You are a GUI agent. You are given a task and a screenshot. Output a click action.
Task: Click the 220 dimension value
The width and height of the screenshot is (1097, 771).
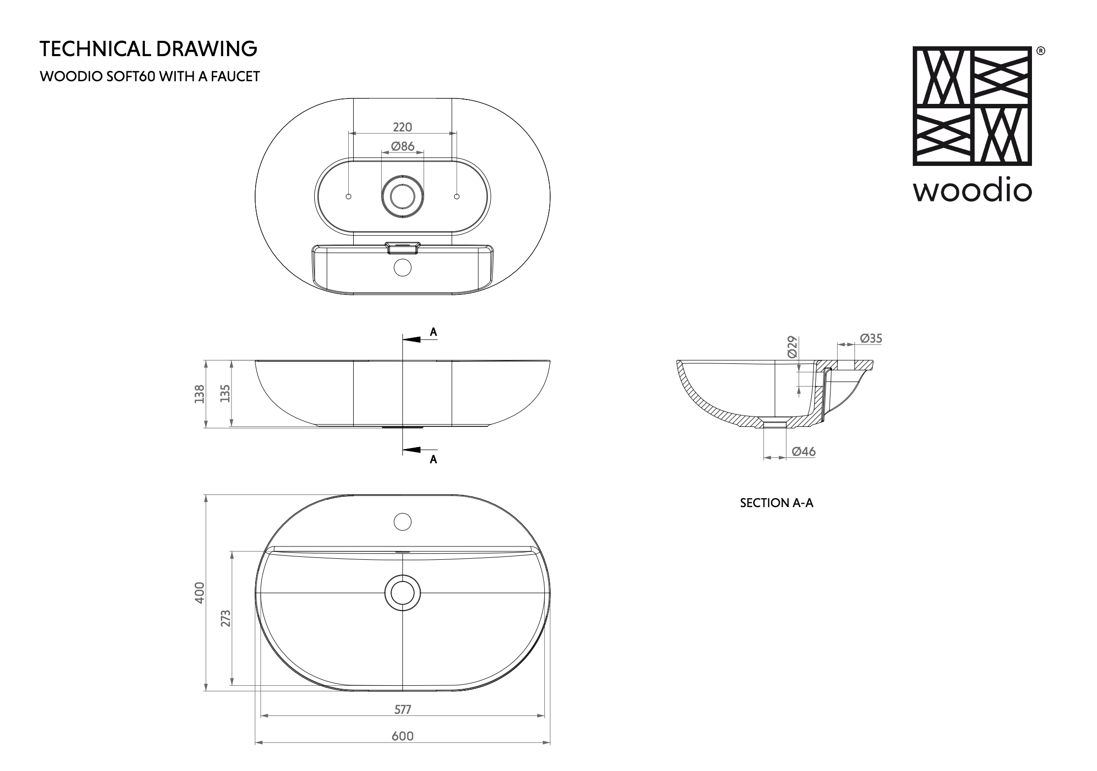click(402, 127)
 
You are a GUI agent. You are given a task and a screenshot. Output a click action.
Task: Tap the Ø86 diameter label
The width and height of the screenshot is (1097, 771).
click(402, 146)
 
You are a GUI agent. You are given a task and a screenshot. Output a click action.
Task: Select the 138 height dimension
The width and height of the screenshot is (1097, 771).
click(199, 394)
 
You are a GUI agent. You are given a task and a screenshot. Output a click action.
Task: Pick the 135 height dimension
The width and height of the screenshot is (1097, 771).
click(225, 394)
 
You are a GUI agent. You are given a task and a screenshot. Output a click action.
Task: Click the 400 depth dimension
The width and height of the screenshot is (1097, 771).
click(199, 593)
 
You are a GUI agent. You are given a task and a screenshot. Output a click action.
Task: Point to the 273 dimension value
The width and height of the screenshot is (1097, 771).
click(225, 618)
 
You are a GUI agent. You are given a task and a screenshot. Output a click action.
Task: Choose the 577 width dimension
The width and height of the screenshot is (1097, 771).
click(402, 709)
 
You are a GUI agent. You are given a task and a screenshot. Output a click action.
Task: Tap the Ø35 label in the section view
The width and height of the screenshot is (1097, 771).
click(871, 338)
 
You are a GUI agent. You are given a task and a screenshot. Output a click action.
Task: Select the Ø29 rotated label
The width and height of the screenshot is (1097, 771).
click(792, 347)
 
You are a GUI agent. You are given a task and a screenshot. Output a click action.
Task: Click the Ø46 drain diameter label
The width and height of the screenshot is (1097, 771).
click(804, 451)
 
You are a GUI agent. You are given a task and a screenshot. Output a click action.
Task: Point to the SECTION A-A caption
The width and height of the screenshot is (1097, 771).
click(776, 503)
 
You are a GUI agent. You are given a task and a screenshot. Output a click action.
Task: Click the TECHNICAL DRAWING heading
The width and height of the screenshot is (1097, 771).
click(148, 49)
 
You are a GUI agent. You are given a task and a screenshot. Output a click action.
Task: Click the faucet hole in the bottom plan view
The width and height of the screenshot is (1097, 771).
click(403, 521)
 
